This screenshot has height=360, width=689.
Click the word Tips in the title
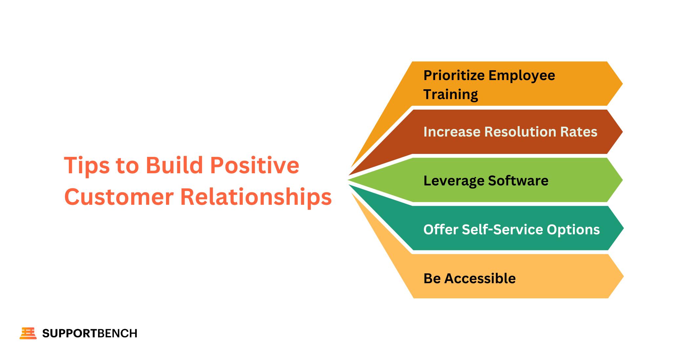pos(87,165)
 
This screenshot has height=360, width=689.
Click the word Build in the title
pos(175,165)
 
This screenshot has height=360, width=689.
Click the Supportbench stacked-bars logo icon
pos(28,333)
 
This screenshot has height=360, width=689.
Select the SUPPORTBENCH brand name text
pos(90,333)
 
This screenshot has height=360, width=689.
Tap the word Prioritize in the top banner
pos(453,75)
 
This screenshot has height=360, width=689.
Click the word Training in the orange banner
pos(450,95)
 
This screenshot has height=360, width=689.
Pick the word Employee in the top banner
pos(522,75)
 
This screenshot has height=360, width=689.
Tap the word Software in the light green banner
pos(518,181)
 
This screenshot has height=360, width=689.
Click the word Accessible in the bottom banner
pos(480,279)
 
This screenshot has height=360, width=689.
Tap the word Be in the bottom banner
pos(432,279)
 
